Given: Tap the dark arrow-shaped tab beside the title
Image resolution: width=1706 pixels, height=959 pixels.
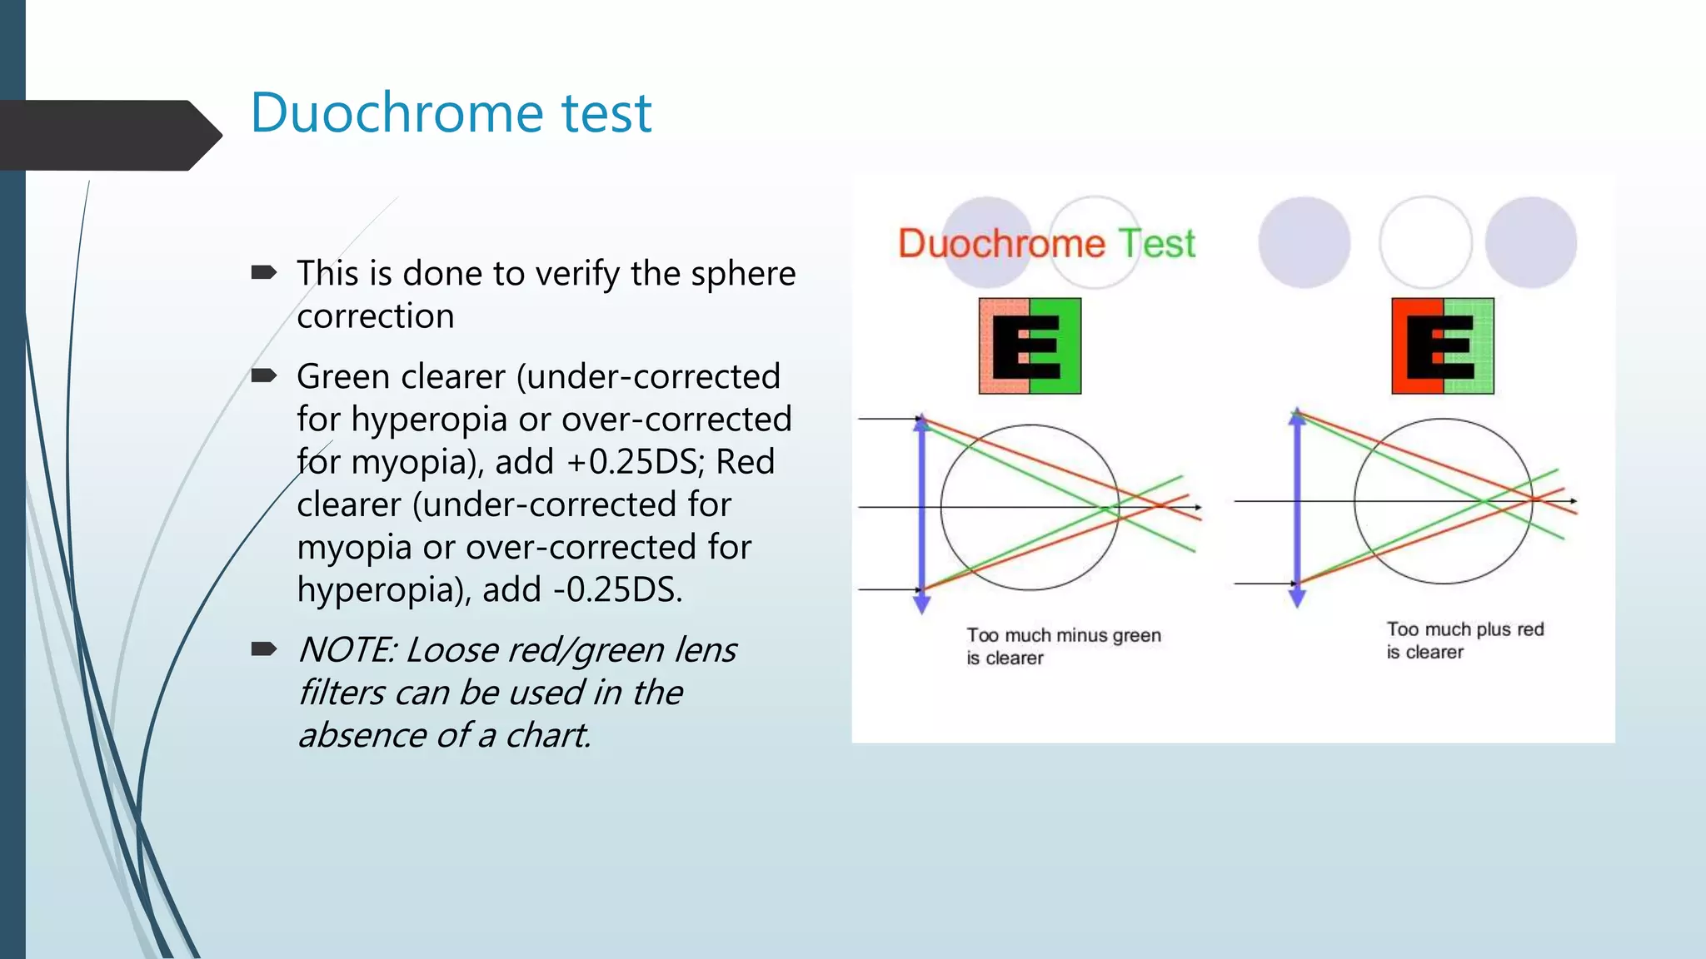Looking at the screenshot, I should (108, 135).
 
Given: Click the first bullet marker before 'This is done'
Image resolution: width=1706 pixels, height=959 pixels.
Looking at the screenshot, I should (263, 272).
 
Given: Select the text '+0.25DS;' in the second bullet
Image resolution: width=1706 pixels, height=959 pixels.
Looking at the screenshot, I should (636, 462).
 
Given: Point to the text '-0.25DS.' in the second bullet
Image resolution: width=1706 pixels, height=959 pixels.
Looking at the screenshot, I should (618, 590).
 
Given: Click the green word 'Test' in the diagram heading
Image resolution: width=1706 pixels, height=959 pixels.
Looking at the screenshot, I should (1156, 244).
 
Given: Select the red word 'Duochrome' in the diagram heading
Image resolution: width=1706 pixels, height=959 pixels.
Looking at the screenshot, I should (1001, 244).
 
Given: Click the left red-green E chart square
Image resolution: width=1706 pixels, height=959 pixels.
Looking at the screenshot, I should (1030, 345).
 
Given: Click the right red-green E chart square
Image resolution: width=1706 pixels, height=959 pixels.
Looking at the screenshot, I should (1443, 345).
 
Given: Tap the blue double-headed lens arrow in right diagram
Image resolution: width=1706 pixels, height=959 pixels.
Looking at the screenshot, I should (1297, 508).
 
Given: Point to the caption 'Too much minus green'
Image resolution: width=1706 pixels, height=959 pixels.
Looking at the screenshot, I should (1063, 636).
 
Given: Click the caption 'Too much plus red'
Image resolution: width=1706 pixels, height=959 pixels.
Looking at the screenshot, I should (1464, 630).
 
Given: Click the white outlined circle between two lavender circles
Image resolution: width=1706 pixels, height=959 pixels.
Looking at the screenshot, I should (1425, 242).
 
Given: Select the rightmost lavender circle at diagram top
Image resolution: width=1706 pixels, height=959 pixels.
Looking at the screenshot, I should (1531, 242).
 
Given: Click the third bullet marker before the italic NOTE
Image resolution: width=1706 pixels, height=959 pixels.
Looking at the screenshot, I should (263, 648).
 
